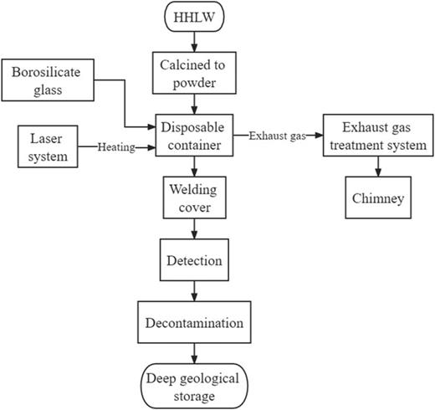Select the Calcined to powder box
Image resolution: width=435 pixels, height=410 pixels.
click(x=194, y=71)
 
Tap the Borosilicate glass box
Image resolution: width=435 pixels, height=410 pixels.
click(x=49, y=81)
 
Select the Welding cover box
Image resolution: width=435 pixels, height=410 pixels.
click(x=195, y=198)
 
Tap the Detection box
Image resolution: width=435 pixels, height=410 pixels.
click(x=195, y=260)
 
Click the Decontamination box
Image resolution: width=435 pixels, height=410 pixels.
click(x=195, y=323)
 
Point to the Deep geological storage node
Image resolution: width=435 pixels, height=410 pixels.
click(x=195, y=385)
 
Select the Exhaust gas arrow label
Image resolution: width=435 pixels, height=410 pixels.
click(x=275, y=133)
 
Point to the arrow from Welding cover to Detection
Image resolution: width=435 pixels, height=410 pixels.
click(x=195, y=229)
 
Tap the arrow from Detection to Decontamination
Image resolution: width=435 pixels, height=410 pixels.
click(x=195, y=292)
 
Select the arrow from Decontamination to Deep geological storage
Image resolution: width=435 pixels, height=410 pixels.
click(x=195, y=353)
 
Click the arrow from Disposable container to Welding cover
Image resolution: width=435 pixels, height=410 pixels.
click(x=195, y=168)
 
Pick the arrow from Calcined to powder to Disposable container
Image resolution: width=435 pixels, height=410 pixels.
click(x=194, y=103)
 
